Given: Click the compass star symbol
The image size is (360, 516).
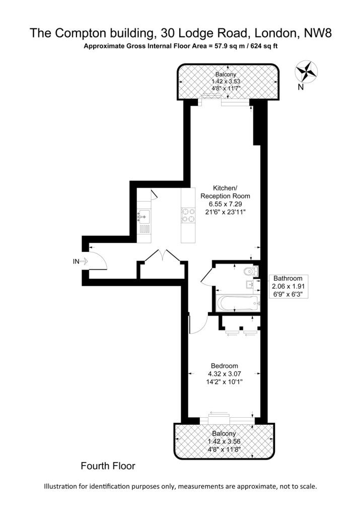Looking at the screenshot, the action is [307, 72].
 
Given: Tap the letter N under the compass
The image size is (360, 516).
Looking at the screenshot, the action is [301, 87].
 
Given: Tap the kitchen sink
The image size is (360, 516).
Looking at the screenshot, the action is [143, 217].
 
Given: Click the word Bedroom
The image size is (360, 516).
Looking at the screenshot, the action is [225, 366].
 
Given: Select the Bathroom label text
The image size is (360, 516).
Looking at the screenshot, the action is [287, 278].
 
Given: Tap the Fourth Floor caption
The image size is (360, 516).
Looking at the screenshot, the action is [108, 466].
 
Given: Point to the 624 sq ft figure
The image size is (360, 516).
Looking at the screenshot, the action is [264, 46].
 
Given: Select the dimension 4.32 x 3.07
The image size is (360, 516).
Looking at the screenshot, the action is [225, 374].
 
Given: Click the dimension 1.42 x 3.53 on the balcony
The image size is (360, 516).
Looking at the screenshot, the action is [226, 81].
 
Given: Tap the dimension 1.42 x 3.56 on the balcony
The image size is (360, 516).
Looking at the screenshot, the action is [224, 441].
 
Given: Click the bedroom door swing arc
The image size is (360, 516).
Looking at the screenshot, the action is [202, 329].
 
